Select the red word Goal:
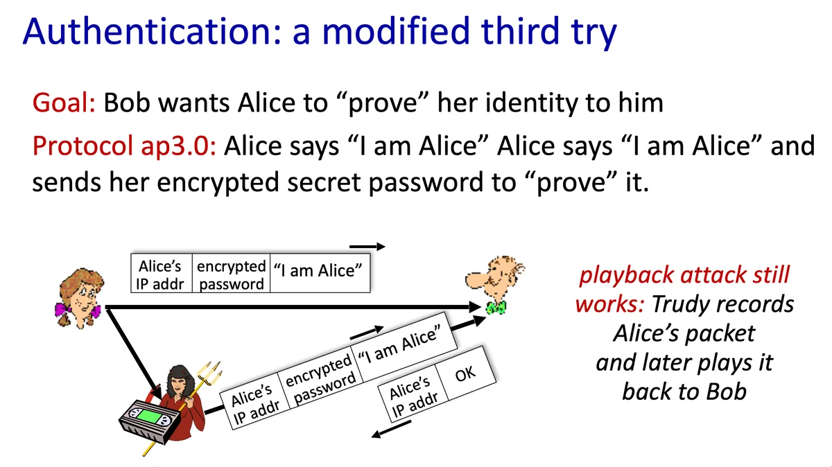click(64, 103)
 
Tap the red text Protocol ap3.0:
click(124, 146)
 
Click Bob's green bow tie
click(496, 308)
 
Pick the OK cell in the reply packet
click(466, 373)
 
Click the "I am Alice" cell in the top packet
click(320, 273)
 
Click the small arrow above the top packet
click(367, 246)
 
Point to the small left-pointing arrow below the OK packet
click(391, 429)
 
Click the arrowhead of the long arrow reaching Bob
click(476, 307)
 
